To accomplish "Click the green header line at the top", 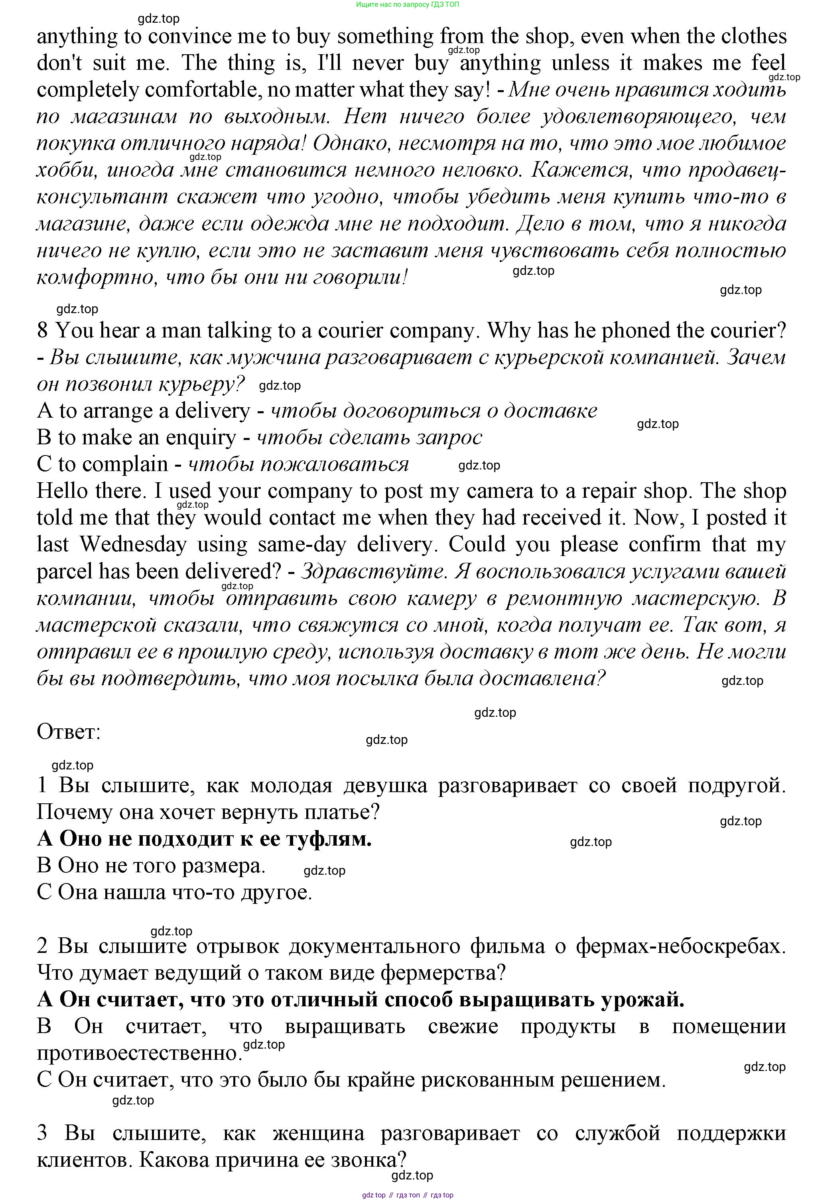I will [407, 5].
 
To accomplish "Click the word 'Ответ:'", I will [69, 732].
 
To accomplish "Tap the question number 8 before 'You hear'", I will [42, 330].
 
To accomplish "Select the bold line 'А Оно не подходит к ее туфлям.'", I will [204, 839].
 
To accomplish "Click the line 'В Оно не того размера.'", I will [151, 866].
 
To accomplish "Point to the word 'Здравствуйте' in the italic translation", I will [372, 571].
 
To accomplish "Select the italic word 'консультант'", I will [102, 197].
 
